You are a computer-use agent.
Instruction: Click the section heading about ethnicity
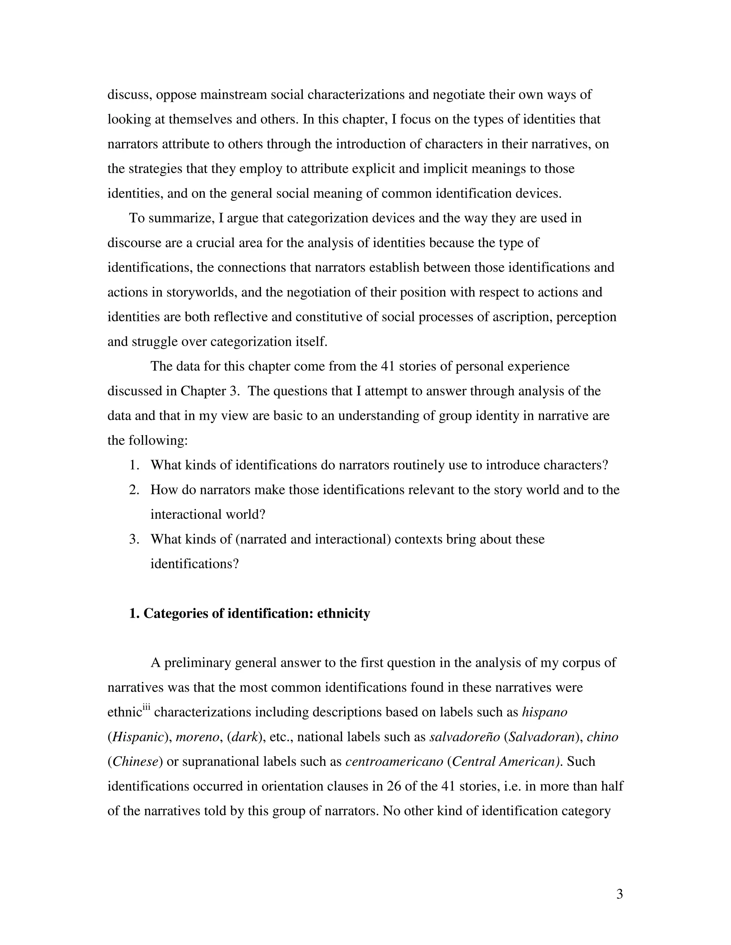tap(249, 614)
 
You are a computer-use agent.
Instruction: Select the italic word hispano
tap(544, 712)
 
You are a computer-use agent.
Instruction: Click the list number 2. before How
tap(134, 490)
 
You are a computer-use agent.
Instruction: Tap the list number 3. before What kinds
tap(134, 539)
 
